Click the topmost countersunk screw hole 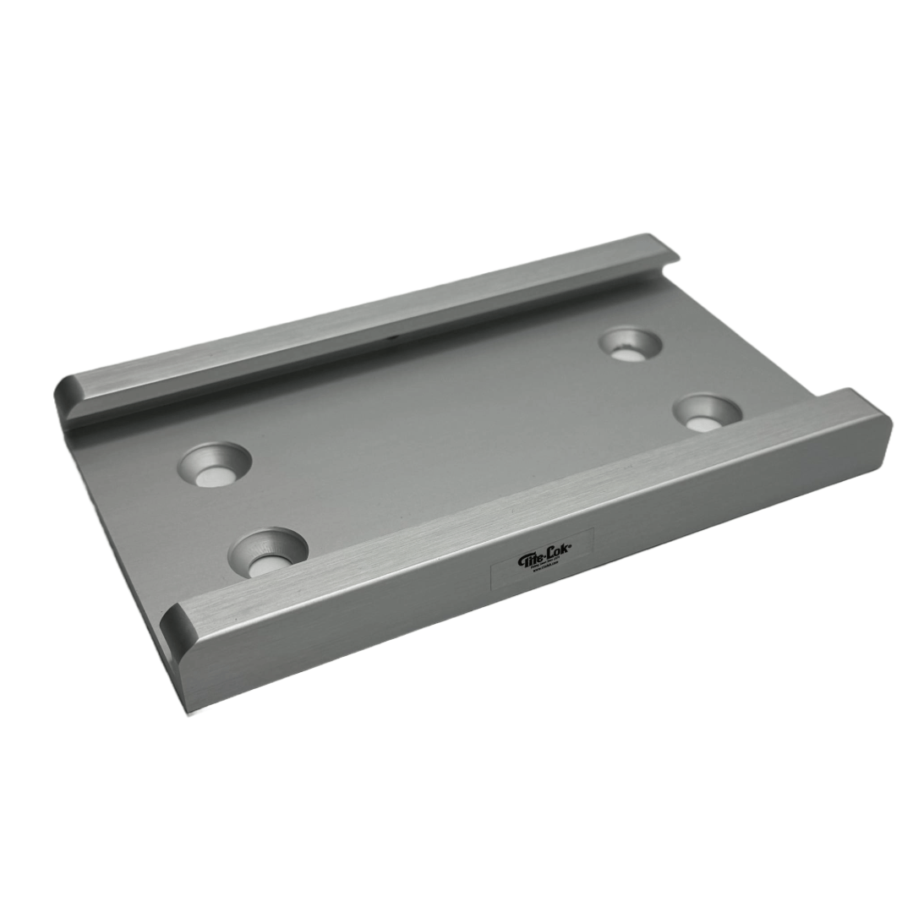tap(630, 345)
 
